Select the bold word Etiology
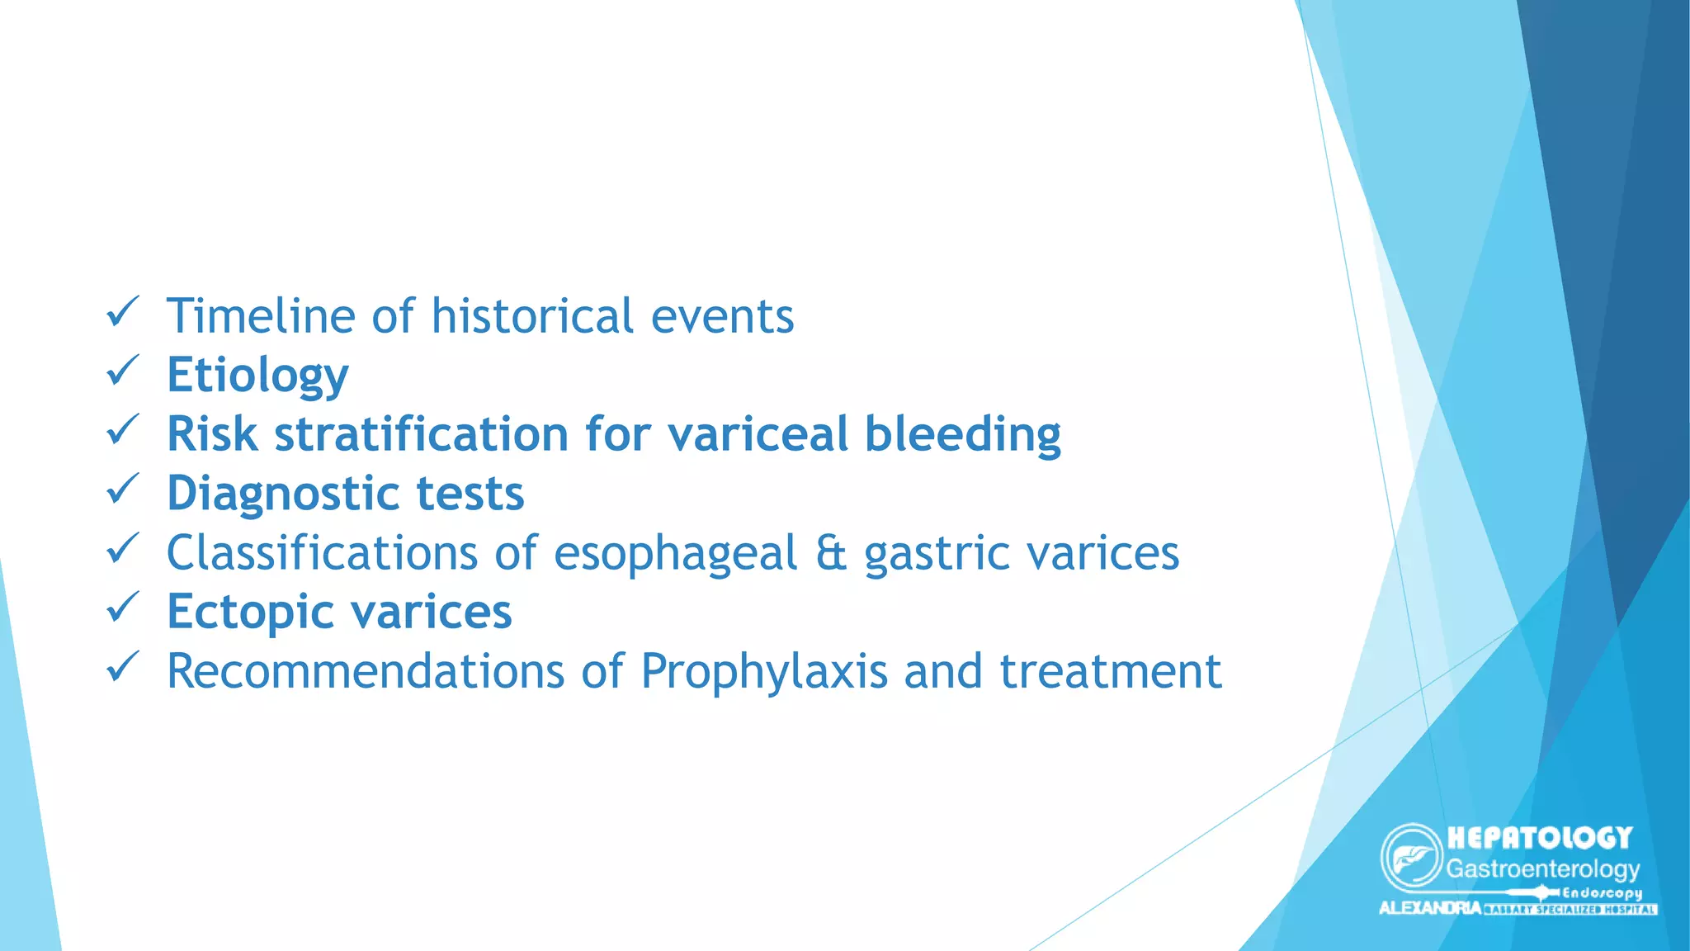(x=257, y=376)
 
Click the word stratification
(x=421, y=434)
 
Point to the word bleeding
(x=962, y=436)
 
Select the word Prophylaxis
(x=764, y=672)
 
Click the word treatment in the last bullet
(x=1110, y=671)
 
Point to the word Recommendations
(x=366, y=671)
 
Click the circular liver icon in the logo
(x=1411, y=857)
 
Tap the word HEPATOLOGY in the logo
(x=1540, y=838)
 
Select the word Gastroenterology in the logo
(x=1542, y=868)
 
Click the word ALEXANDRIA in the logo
(x=1429, y=908)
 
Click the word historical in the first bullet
(x=532, y=316)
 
